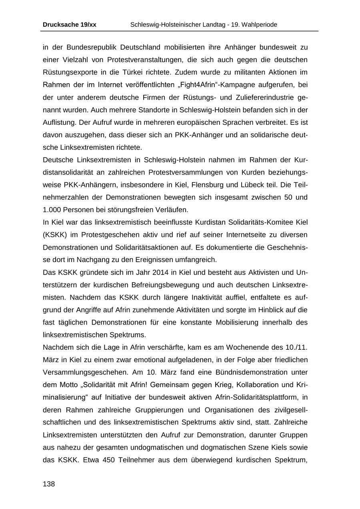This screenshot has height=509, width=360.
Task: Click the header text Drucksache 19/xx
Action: click(69, 25)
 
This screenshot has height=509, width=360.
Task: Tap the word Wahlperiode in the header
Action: click(258, 25)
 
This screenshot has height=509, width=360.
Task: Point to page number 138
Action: click(49, 484)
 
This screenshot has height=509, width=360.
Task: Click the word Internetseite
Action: click(217, 235)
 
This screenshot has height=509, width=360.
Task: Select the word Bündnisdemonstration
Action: click(251, 372)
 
